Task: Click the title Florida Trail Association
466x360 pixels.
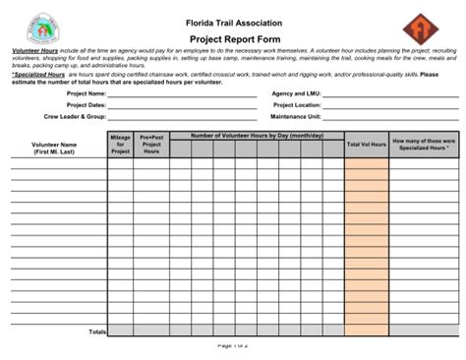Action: point(233,22)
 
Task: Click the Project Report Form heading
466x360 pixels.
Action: point(233,36)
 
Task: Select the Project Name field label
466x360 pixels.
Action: point(87,94)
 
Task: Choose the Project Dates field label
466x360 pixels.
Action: point(86,105)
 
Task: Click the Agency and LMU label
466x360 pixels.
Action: point(297,94)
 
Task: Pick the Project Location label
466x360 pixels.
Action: point(297,105)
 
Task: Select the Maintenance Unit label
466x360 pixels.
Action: point(296,116)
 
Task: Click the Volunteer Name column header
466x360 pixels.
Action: point(54,149)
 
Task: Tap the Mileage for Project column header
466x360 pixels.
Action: point(120,145)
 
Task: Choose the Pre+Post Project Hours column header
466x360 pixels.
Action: point(151,145)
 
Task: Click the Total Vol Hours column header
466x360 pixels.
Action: point(366,145)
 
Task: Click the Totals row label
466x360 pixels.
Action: point(97,331)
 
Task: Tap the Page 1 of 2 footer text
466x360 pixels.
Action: point(233,346)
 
